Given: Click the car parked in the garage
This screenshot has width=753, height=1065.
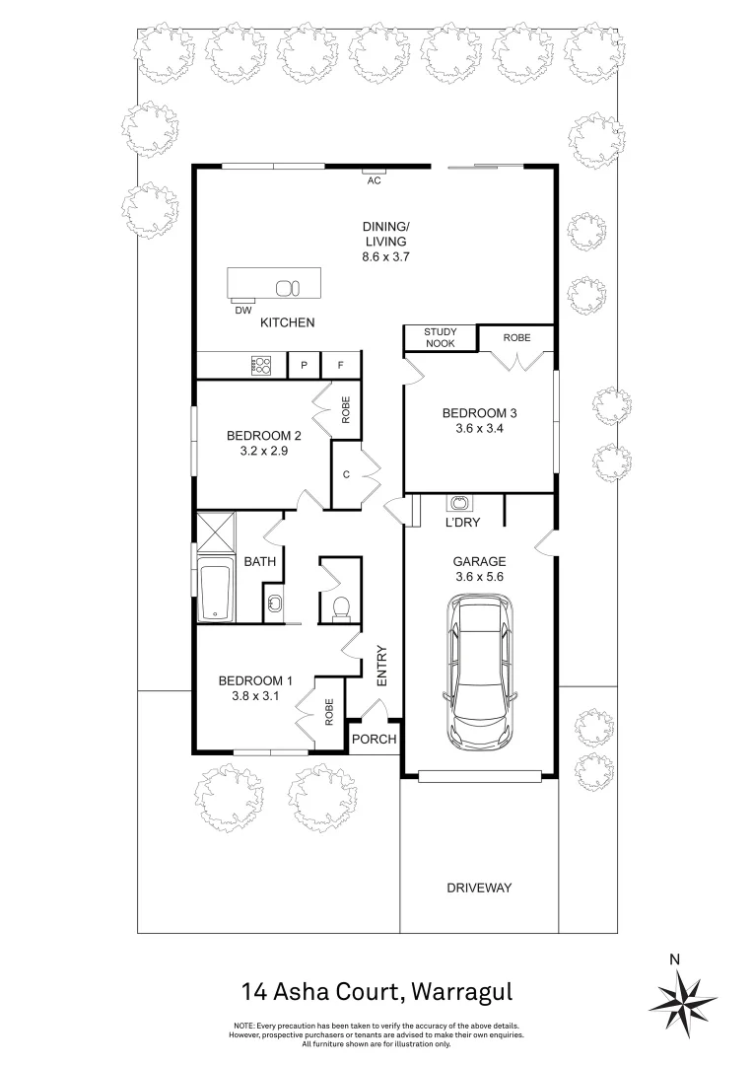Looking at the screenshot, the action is coord(481,672).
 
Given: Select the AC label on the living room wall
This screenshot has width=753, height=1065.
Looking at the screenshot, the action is coord(375,180).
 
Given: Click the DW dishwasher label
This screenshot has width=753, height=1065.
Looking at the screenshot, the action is coord(243,311).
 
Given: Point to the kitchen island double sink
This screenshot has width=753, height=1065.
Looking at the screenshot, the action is coord(287,288).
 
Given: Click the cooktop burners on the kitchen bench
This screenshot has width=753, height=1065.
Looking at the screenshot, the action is coord(261,365).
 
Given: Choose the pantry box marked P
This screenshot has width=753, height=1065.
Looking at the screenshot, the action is coord(305,366).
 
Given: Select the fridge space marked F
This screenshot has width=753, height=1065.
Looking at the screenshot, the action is coord(340,366).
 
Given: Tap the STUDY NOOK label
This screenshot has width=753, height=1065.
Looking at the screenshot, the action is coord(440,337).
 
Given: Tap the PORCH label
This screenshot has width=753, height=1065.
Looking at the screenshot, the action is coord(375,739).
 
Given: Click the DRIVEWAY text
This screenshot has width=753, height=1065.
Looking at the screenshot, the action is coord(479,887).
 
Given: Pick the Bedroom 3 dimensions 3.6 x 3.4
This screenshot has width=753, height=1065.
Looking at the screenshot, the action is coord(479,429).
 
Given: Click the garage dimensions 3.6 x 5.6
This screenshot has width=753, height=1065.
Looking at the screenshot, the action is coord(479,577).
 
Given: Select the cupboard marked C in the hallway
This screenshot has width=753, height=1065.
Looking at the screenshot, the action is coord(346,474).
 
